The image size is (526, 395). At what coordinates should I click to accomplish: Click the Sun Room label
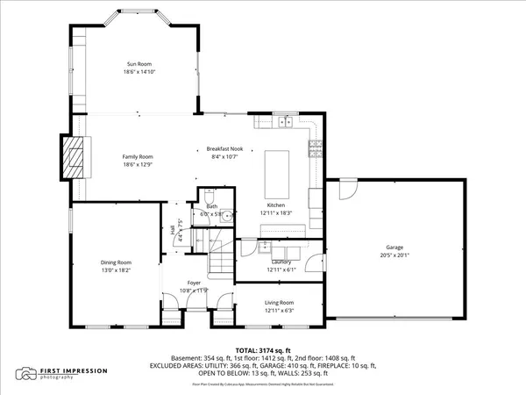coord(139,63)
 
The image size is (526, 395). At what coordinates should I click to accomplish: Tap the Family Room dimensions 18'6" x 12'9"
coord(139,164)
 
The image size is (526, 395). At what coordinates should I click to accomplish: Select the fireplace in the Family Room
coord(74,157)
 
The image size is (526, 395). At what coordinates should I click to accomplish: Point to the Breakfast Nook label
coord(224,149)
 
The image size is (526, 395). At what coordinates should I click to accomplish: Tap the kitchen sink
coord(287,122)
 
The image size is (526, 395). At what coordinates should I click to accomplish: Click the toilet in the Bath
coord(209,196)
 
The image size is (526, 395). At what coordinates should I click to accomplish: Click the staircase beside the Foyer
coord(220,259)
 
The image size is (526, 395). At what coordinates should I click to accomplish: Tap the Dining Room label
coord(116,262)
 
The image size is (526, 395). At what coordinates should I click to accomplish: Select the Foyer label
coord(194,284)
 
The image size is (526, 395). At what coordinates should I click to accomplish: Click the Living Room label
coord(279,303)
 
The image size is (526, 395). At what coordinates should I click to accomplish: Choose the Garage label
coord(394,248)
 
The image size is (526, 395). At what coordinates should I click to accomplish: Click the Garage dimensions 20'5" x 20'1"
coord(394,255)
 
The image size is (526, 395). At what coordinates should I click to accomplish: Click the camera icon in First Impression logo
coord(24,375)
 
